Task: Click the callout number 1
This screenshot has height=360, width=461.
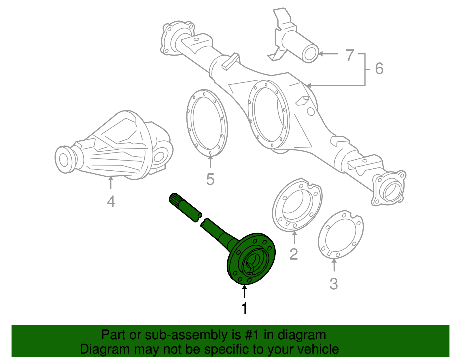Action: (244, 308)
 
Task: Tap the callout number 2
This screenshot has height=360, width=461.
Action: (293, 254)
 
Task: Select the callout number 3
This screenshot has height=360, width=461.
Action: (334, 284)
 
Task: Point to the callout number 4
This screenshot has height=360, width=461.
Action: (111, 201)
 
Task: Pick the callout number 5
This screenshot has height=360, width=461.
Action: (210, 179)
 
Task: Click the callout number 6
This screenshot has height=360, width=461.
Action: (379, 69)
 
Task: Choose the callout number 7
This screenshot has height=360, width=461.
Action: (349, 55)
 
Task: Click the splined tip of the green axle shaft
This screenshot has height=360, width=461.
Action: (175, 199)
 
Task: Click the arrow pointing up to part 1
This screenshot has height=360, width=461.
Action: (244, 291)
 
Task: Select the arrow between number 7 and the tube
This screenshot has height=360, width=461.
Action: (328, 54)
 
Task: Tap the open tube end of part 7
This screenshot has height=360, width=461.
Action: (310, 53)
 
